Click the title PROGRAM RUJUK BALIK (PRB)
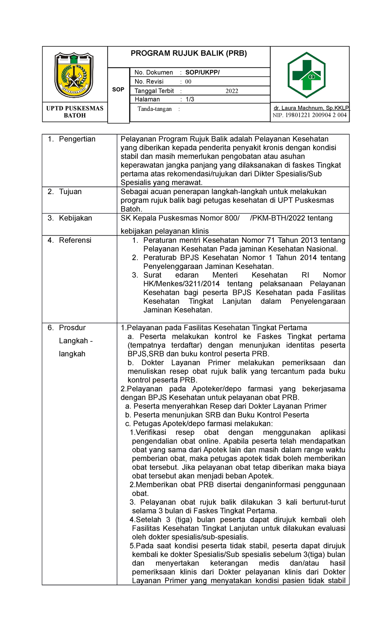click(x=189, y=54)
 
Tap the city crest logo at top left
click(x=74, y=75)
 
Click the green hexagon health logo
click(x=306, y=75)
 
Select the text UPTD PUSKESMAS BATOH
click(x=75, y=112)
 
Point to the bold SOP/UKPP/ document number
click(x=202, y=73)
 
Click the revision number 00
click(x=188, y=82)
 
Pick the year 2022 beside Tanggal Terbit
click(x=232, y=91)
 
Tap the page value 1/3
click(x=190, y=99)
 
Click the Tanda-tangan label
click(x=154, y=109)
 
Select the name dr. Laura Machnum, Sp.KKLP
click(x=311, y=108)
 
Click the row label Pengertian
click(x=77, y=139)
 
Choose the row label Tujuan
click(x=70, y=191)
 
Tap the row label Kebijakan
click(x=75, y=218)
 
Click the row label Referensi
click(x=75, y=240)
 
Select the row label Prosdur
click(x=72, y=328)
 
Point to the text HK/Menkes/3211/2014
click(x=182, y=284)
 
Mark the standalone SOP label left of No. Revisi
click(x=118, y=90)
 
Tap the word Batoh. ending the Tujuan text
click(x=131, y=209)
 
